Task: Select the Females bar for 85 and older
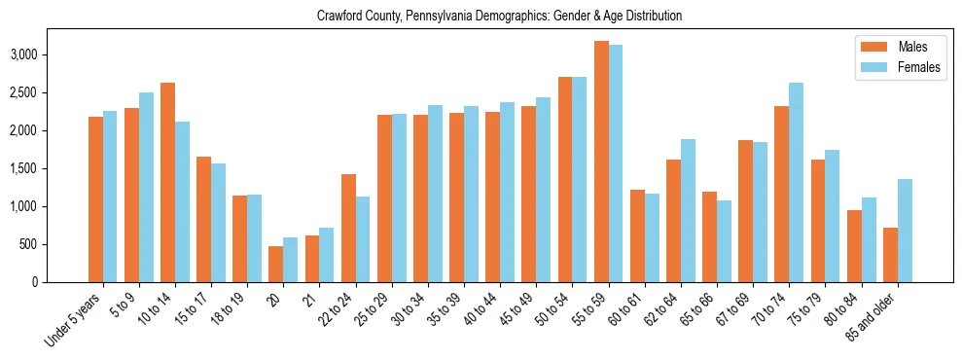[905, 231]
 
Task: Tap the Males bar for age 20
[276, 264]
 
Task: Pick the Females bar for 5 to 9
[146, 188]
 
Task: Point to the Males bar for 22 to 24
[348, 229]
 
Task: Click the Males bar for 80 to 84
[854, 246]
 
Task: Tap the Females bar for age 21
[327, 255]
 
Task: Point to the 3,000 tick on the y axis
[52, 54]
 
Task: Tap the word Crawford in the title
[338, 17]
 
